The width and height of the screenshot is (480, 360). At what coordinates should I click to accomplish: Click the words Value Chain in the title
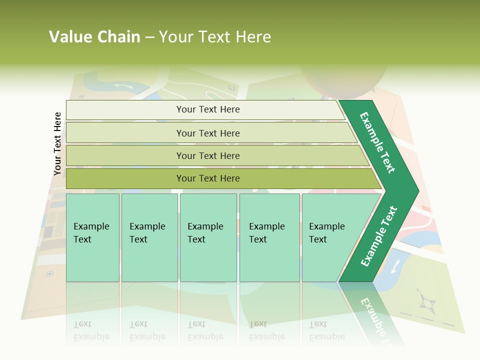94,37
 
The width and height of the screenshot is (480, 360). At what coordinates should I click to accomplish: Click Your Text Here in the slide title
215,37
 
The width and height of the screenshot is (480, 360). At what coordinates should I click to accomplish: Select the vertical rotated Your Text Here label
57,143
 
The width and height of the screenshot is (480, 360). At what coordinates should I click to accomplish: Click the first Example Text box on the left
92,237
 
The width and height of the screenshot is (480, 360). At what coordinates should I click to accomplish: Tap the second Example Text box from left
149,237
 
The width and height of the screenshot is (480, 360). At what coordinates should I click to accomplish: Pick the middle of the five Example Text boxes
208,237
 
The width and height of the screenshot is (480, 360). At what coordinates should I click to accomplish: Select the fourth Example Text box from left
269,237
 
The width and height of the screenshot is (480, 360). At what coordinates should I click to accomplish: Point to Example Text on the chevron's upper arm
377,142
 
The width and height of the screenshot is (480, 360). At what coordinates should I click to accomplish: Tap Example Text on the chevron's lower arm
379,236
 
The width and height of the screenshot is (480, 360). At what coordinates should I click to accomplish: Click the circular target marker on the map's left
49,273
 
